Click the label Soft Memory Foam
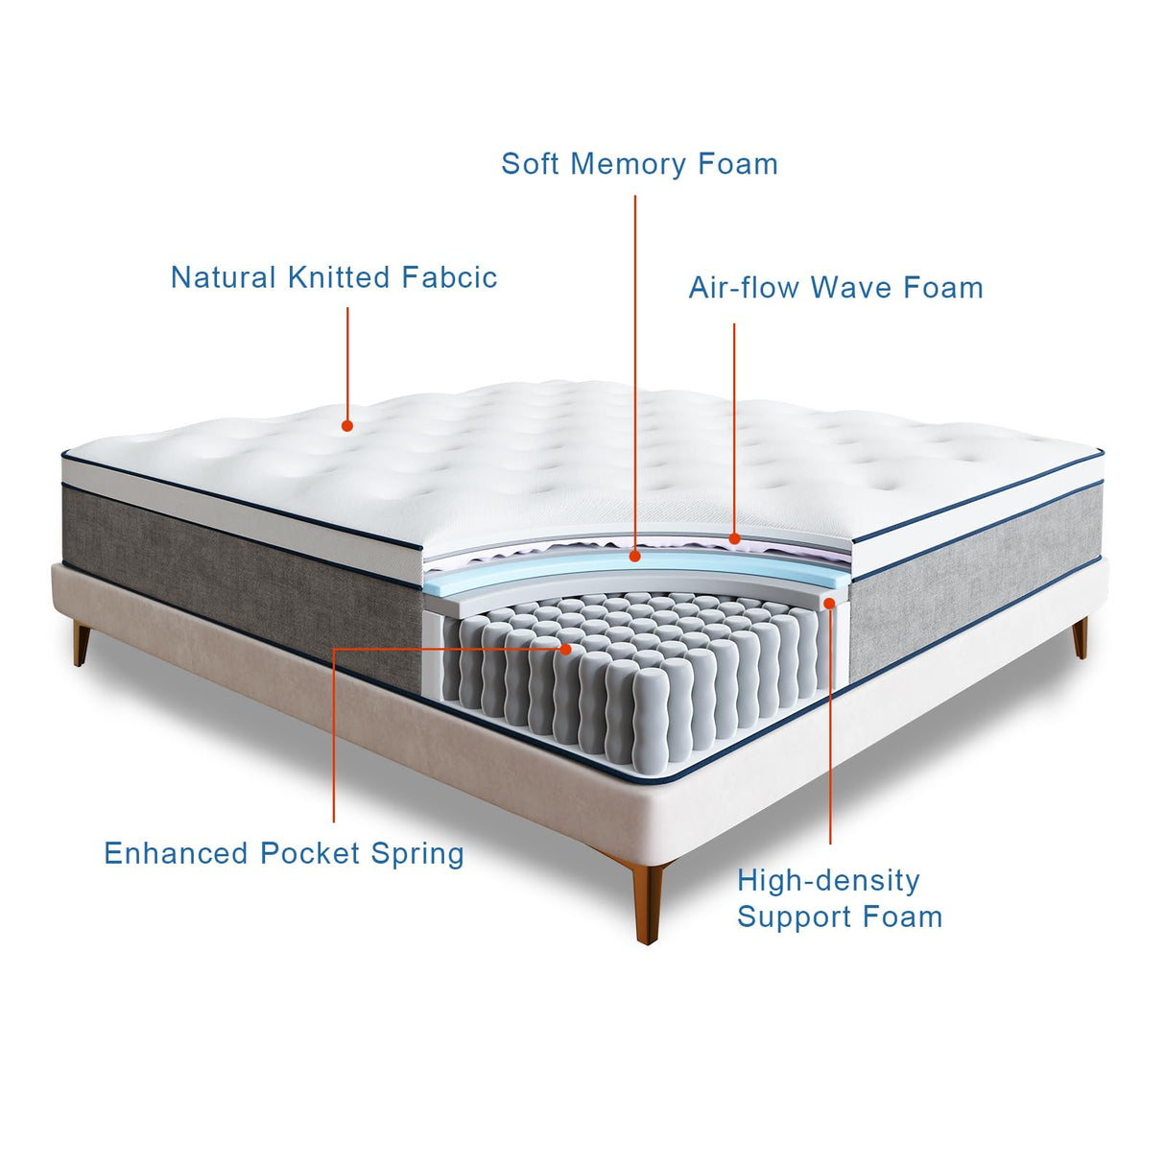click(639, 164)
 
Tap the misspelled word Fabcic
click(449, 277)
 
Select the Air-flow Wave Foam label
click(836, 288)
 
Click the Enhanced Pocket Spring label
click(284, 853)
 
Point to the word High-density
click(828, 880)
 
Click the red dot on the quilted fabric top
click(347, 425)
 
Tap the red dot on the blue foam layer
click(634, 556)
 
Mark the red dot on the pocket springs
click(566, 650)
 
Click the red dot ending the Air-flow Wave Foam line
click(734, 539)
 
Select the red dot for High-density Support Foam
click(829, 603)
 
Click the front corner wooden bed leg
click(649, 902)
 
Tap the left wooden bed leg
click(81, 642)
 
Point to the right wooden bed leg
click(1081, 637)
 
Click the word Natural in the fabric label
click(224, 277)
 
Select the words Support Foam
click(840, 916)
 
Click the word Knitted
click(340, 277)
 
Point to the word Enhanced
click(178, 853)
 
